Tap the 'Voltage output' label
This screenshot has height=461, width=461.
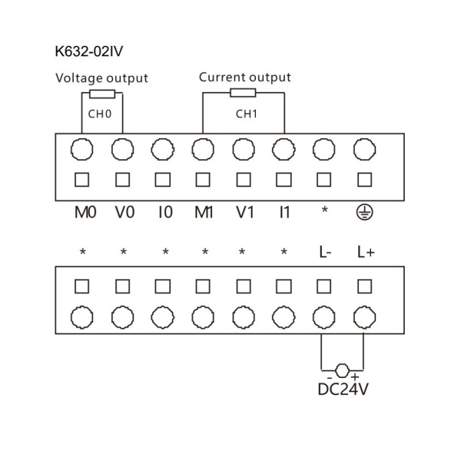pyautogui.click(x=101, y=78)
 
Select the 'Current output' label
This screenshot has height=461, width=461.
pyautogui.click(x=245, y=78)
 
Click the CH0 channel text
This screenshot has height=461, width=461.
pyautogui.click(x=101, y=114)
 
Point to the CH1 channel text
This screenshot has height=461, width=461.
pyautogui.click(x=245, y=114)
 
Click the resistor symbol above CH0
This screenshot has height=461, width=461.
pyautogui.click(x=102, y=95)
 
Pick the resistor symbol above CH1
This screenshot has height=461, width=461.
pyautogui.click(x=244, y=94)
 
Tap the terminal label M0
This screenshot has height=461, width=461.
pyautogui.click(x=84, y=212)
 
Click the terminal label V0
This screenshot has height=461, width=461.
pyautogui.click(x=124, y=212)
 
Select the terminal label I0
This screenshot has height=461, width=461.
pyautogui.click(x=164, y=212)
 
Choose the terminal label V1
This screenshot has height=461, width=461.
pyautogui.click(x=244, y=212)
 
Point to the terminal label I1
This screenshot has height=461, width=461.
pyautogui.click(x=284, y=212)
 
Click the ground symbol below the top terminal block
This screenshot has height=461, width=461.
pyautogui.click(x=364, y=212)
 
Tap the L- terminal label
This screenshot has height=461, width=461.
pyautogui.click(x=324, y=251)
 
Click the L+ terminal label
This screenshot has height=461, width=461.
pyautogui.click(x=365, y=251)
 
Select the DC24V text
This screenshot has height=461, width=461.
pyautogui.click(x=343, y=390)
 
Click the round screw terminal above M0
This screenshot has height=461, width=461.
pyautogui.click(x=82, y=148)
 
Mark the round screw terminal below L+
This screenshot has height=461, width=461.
pyautogui.click(x=364, y=317)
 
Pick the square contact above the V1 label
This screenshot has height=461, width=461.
pyautogui.click(x=244, y=180)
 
